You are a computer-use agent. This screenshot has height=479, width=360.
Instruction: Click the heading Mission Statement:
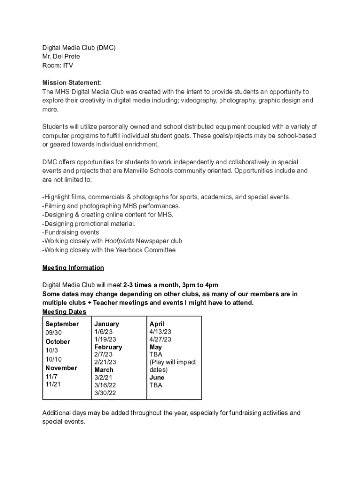72,83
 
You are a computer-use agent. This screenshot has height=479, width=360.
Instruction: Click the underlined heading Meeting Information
73,268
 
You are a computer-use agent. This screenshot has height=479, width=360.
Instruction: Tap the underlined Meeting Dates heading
64,312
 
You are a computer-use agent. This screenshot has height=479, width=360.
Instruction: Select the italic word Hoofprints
119,241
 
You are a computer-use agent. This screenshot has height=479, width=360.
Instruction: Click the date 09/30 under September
53,333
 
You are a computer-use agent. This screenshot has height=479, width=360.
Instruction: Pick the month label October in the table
58,341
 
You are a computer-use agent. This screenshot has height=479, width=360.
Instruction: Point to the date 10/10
53,359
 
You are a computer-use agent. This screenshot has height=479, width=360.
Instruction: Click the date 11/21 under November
53,384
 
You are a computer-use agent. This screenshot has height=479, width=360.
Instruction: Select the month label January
107,324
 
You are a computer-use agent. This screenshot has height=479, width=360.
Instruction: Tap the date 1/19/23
105,339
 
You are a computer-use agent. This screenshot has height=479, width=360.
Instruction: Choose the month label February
108,347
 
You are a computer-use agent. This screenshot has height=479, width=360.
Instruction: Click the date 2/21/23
105,362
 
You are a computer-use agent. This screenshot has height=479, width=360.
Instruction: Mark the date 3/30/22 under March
105,393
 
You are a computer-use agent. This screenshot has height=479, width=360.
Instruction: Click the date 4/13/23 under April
160,332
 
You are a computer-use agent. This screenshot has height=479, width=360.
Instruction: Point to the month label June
157,377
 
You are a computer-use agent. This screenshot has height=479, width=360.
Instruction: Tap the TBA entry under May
156,355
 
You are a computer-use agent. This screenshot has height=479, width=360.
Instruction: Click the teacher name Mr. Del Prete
61,57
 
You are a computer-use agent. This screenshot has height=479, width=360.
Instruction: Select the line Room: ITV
58,65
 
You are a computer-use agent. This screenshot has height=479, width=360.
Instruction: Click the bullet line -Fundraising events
71,232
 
